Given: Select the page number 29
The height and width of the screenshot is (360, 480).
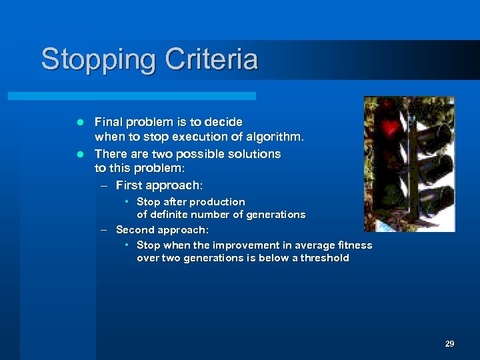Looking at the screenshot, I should pyautogui.click(x=449, y=344).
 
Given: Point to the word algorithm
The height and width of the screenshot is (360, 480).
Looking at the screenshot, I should pyautogui.click(x=276, y=137).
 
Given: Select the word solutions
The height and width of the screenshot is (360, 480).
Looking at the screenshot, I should pyautogui.click(x=253, y=154).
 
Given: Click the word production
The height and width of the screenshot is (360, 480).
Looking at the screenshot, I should pyautogui.click(x=217, y=201).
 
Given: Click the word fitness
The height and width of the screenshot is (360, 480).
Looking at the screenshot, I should pyautogui.click(x=353, y=245).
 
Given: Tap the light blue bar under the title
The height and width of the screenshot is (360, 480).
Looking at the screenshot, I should pyautogui.click(x=131, y=96).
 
